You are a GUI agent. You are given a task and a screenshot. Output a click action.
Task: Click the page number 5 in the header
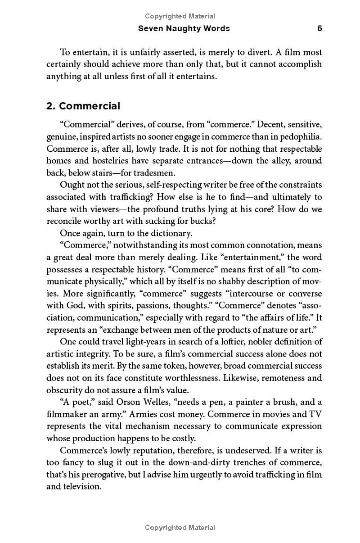pyautogui.click(x=319, y=28)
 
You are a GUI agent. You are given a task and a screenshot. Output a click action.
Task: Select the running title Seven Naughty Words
pyautogui.click(x=184, y=28)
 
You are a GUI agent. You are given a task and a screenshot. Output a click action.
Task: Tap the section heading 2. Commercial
pyautogui.click(x=83, y=106)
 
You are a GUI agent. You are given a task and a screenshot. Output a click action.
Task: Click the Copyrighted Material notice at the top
pyautogui.click(x=180, y=16)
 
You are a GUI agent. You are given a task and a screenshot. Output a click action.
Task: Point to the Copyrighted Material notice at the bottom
pyautogui.click(x=180, y=528)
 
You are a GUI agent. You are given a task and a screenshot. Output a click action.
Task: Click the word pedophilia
pyautogui.click(x=299, y=136)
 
